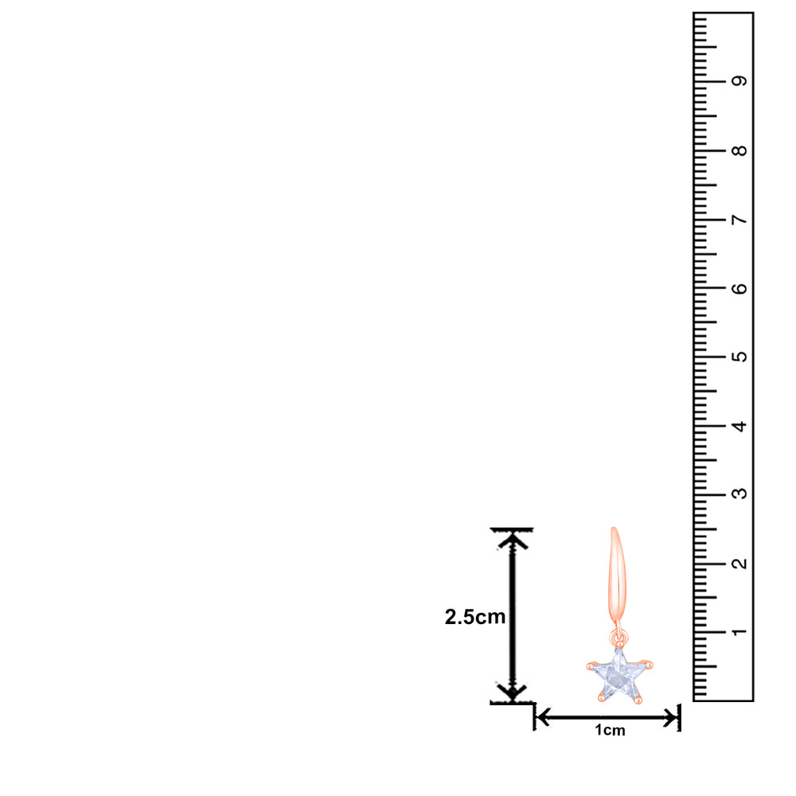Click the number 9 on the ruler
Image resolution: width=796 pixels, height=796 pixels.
point(739,81)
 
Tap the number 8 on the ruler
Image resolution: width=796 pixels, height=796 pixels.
point(739,150)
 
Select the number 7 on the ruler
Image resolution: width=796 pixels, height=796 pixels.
point(739,220)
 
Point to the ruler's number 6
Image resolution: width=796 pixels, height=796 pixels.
point(739,288)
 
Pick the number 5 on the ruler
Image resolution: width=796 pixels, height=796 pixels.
point(739,357)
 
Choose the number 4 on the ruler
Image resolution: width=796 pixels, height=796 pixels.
point(739,426)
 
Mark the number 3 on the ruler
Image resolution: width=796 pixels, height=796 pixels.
point(739,494)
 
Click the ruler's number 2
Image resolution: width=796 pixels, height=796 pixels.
point(739,563)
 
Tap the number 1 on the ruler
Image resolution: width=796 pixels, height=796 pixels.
point(739,632)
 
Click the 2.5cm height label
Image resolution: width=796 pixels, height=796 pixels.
point(475,617)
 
